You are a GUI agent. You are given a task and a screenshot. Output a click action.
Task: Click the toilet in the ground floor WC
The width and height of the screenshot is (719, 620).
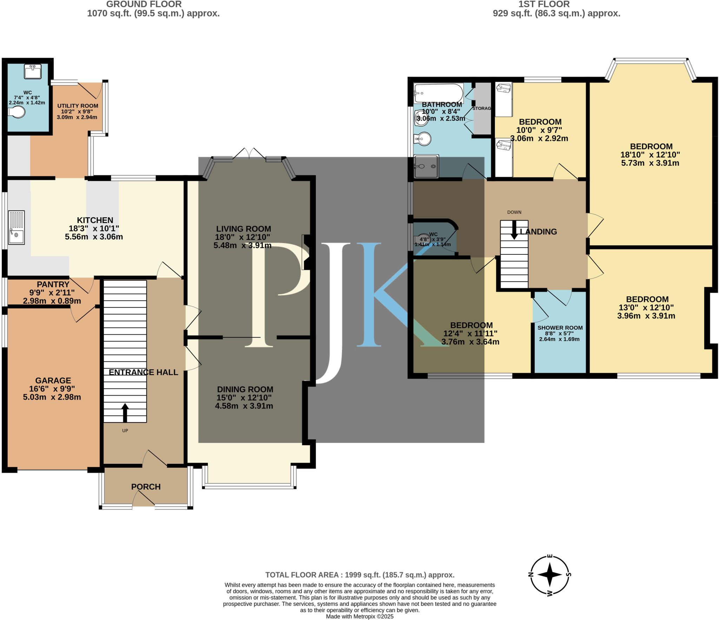tap(17, 112)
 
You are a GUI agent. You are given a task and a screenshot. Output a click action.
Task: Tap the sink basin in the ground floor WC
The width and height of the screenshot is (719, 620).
tap(33, 71)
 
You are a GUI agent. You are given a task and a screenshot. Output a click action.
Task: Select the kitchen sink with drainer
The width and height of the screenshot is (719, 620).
tap(16, 227)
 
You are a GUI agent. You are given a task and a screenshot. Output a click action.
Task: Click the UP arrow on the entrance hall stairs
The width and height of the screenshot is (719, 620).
tap(125, 413)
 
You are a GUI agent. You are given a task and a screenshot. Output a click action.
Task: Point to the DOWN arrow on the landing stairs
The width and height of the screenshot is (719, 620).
tap(514, 230)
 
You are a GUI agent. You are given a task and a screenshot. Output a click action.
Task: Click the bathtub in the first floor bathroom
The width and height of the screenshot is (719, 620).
tap(438, 93)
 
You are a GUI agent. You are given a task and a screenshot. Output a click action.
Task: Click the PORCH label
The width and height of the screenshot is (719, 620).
tap(146, 487)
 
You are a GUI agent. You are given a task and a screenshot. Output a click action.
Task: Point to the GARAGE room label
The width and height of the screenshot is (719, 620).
tap(53, 380)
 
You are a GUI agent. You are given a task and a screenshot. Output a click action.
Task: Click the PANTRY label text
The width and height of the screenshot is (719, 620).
tap(53, 284)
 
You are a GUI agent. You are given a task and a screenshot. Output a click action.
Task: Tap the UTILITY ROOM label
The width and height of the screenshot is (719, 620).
tap(78, 106)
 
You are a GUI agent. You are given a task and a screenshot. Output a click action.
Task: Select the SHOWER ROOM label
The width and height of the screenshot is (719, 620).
tap(560, 328)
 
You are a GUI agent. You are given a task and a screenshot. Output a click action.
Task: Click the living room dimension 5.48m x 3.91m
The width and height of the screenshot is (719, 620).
tap(243, 245)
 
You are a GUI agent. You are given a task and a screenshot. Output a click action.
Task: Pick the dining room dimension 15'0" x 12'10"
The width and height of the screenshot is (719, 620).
tap(244, 398)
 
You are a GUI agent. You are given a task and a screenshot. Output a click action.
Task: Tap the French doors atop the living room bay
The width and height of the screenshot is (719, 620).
tap(249, 153)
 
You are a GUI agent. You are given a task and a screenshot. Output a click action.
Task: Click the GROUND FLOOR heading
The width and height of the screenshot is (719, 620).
tap(144, 4)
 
